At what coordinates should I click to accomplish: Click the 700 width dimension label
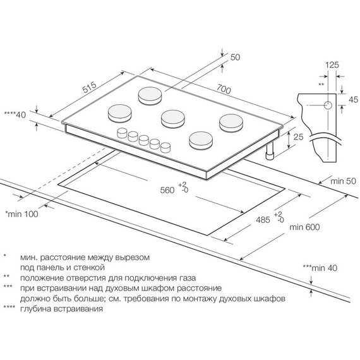[224, 89]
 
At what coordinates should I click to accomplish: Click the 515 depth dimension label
[90, 87]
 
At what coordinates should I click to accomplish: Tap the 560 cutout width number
[167, 190]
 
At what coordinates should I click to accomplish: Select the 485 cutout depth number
[263, 220]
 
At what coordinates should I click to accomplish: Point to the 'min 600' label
[304, 227]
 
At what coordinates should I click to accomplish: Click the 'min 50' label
[343, 181]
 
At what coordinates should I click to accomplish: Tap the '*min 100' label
[22, 214]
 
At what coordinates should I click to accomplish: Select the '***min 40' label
[320, 268]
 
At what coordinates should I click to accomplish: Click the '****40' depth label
[15, 114]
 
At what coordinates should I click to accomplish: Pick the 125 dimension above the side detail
[332, 65]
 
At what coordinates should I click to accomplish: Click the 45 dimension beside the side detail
[353, 99]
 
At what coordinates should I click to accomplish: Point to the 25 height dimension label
[299, 137]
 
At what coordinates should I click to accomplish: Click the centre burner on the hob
[173, 119]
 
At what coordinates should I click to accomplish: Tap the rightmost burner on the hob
[231, 123]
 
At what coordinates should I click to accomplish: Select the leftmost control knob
[122, 133]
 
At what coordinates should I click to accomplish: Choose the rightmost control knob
[165, 147]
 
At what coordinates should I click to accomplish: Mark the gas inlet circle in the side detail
[328, 105]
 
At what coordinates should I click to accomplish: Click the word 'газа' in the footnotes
[186, 278]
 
